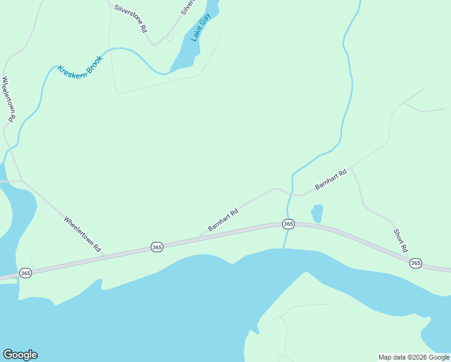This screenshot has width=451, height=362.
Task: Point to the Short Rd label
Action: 401,240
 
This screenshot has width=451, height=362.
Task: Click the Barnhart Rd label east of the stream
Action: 331,180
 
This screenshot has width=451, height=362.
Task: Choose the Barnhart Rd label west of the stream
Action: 223,220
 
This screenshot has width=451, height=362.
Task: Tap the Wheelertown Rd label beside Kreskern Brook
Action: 8,100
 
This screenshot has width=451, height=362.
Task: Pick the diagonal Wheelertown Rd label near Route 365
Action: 83,234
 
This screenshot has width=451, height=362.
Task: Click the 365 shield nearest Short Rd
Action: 415,263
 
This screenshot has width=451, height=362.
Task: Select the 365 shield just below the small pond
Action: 288,224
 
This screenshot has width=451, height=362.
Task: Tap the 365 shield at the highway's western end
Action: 25,272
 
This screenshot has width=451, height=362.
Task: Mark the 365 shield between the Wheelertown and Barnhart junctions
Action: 157,247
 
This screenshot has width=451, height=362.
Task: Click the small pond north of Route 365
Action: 317,213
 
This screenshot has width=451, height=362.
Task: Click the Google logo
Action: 20,355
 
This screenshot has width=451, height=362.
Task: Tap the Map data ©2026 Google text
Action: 414,357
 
